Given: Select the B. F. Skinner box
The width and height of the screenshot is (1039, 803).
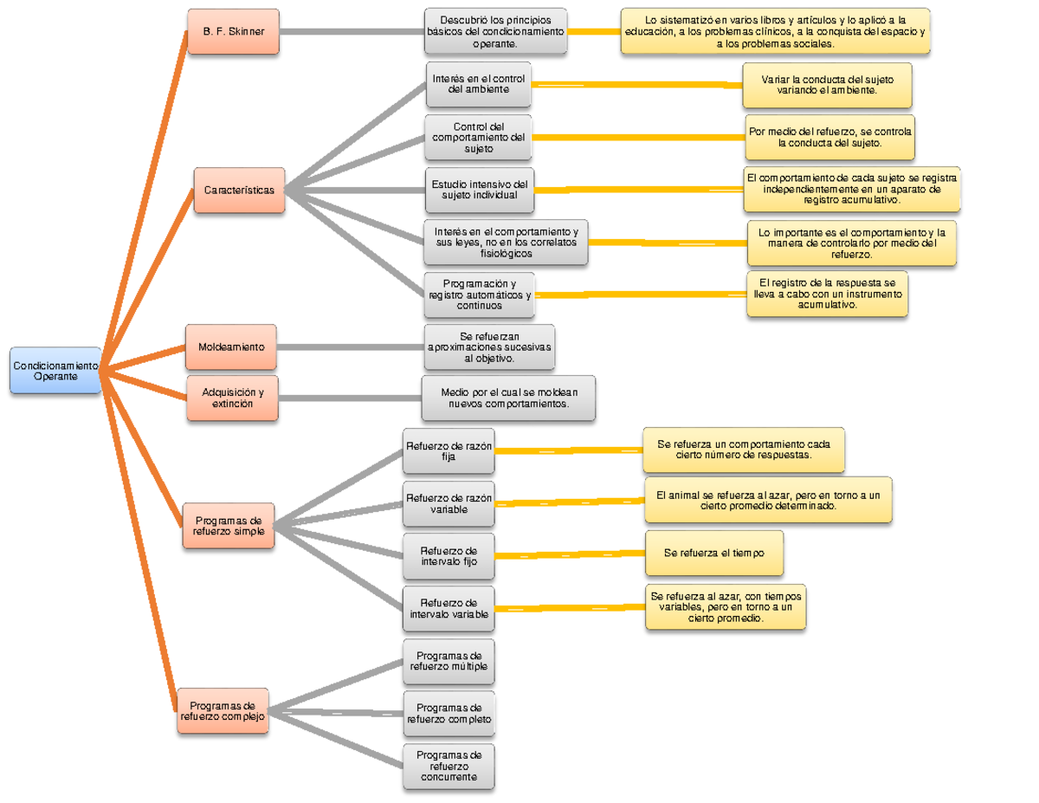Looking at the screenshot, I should pos(234,32).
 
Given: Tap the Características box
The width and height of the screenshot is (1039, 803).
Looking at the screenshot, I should pos(239,190).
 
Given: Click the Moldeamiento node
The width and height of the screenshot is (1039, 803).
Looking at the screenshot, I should pos(232,346).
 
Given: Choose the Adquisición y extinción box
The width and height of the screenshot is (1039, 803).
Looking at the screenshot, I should pos(233,398).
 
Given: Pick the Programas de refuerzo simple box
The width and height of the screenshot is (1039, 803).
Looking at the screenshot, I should pos(229,525).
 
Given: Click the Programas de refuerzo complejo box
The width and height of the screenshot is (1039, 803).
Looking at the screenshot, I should pos(223,711).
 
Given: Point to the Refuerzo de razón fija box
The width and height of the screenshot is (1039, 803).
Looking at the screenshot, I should pos(449,451).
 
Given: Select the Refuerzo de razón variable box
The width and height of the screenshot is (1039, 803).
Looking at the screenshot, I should pos(449,504).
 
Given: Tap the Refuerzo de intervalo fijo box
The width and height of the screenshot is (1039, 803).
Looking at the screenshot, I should pos(449,557).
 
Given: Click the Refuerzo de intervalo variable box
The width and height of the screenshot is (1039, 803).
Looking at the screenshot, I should pos(449,609).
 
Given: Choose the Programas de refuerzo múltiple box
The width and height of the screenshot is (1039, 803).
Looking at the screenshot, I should pos(449,661).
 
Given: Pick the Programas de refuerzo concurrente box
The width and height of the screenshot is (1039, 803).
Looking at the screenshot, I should pos(449,766).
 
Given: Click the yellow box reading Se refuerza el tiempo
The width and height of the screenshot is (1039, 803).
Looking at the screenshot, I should pos(713,554).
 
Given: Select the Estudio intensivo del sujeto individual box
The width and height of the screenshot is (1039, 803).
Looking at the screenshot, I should pos(479,190).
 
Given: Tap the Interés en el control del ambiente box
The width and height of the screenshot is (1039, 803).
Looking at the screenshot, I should pos(479,84).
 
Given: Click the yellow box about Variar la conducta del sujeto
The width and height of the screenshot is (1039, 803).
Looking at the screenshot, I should pos(827,85).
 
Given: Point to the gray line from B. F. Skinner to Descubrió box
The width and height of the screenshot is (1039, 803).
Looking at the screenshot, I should pos(351,32).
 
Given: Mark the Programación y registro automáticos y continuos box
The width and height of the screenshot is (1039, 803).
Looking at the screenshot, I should pos(479,295).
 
